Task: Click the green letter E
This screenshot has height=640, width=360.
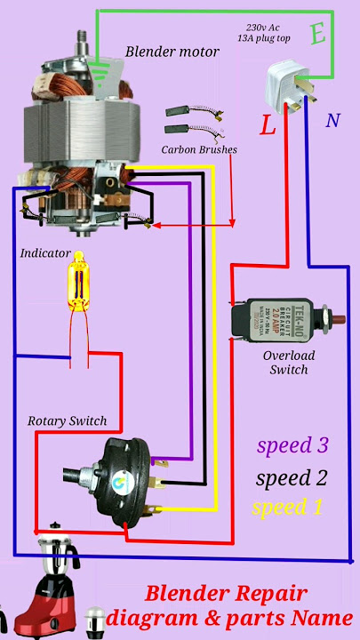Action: tap(317, 35)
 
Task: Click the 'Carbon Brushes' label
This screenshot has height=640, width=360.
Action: tap(199, 149)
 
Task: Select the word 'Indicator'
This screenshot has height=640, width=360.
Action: tap(44, 253)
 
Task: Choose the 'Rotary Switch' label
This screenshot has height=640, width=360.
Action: tap(68, 420)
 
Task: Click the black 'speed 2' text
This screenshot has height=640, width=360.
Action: tap(291, 478)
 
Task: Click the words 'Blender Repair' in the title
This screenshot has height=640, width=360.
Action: tap(227, 593)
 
